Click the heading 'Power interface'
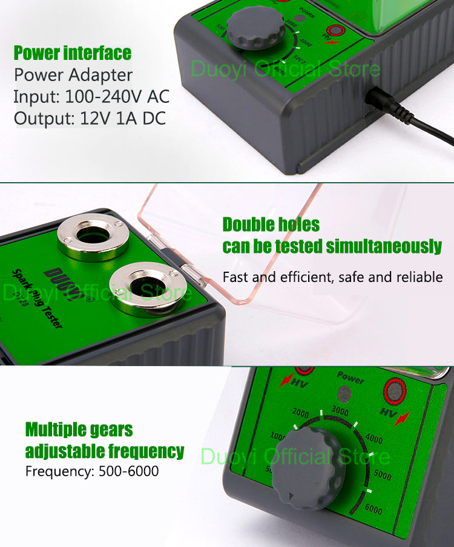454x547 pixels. coord(73,53)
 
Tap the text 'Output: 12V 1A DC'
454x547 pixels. coord(90,118)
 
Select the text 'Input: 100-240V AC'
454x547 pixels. coord(91,97)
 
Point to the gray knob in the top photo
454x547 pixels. coord(256,28)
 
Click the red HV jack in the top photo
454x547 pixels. coord(335,31)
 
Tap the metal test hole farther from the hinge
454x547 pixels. coord(93,235)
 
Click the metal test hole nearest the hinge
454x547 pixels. coord(146,287)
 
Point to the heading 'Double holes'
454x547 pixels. coord(271,224)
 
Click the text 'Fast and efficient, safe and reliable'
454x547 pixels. coord(332,277)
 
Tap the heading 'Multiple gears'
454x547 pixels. coord(79,430)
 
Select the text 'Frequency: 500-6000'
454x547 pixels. coord(92,471)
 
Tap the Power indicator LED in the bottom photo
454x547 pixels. coord(345,394)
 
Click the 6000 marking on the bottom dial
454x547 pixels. coord(373,509)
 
